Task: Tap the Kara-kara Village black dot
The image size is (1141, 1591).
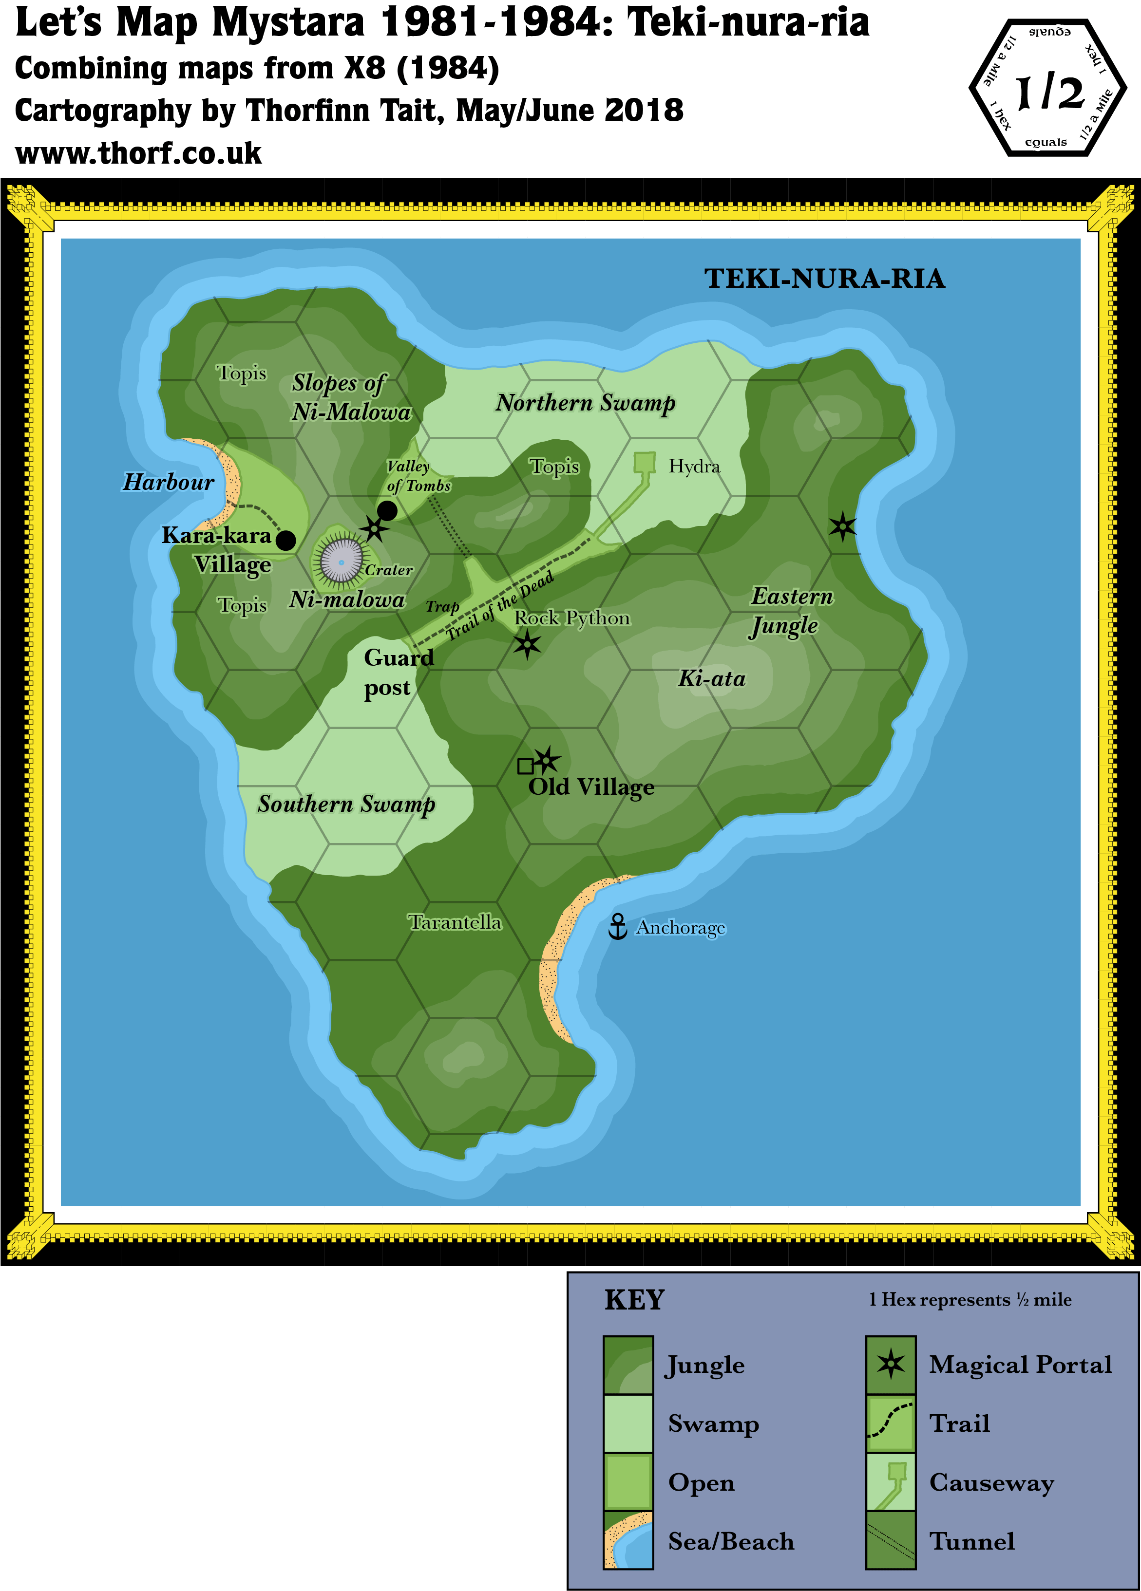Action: click(x=285, y=540)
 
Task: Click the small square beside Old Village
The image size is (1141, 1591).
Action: click(x=525, y=766)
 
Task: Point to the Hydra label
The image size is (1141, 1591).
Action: click(x=694, y=467)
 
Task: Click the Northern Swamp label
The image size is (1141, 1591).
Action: click(x=585, y=403)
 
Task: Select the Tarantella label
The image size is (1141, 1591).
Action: click(x=456, y=922)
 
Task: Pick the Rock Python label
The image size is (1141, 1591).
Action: click(x=572, y=618)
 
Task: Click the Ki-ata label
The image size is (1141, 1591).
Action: click(x=712, y=678)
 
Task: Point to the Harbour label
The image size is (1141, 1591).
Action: click(x=169, y=482)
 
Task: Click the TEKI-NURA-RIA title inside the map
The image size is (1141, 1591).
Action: click(x=824, y=279)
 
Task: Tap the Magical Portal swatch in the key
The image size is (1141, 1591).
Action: click(x=891, y=1365)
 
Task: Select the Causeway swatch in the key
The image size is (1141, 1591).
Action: click(x=891, y=1482)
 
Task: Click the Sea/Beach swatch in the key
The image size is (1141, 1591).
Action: click(x=628, y=1540)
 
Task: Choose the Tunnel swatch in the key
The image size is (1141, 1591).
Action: click(x=891, y=1540)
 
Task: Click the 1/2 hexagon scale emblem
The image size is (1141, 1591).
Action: click(x=1047, y=89)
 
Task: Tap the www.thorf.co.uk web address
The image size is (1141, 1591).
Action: click(x=140, y=153)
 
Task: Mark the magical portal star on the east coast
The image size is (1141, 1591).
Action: click(x=842, y=526)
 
